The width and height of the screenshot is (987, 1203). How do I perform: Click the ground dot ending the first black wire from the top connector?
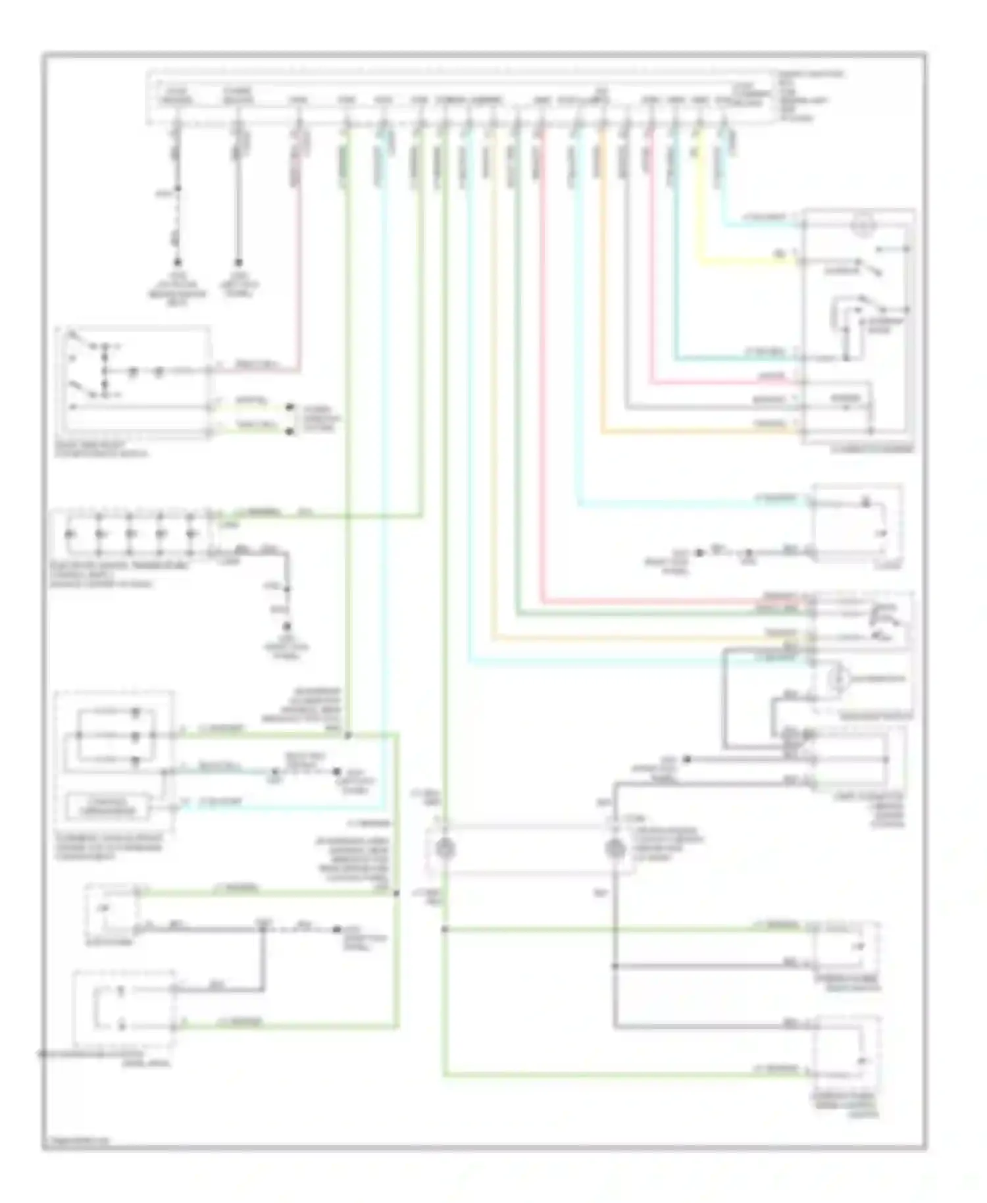pos(176,261)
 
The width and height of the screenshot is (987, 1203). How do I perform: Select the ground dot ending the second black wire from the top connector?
pos(238,261)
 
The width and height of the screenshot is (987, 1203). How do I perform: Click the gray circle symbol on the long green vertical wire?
pos(445,848)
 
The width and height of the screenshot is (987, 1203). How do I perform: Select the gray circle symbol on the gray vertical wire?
pos(615,848)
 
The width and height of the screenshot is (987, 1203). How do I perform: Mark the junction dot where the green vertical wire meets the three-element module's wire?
pos(347,734)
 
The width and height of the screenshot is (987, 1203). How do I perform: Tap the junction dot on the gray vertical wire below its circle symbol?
pos(615,966)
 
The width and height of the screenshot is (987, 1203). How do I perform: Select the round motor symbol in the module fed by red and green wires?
pos(835,678)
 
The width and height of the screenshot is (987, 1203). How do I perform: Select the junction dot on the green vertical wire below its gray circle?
pos(445,929)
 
